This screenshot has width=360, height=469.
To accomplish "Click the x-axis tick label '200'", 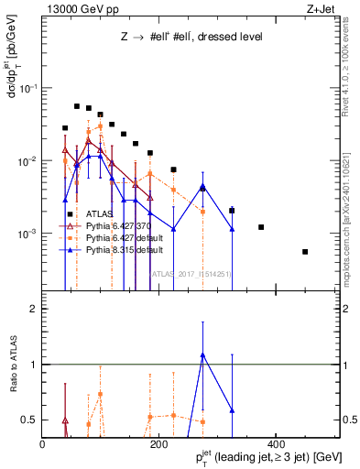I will [x=159, y=443].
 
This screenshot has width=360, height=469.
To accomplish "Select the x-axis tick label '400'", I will [x=276, y=443].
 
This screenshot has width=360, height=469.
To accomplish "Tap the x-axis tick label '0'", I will [x=43, y=443].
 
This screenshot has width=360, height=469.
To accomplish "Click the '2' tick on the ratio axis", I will [x=34, y=309].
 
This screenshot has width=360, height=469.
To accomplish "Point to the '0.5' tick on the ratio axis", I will [x=29, y=420].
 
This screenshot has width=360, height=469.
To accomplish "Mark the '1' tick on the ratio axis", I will [x=34, y=365].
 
